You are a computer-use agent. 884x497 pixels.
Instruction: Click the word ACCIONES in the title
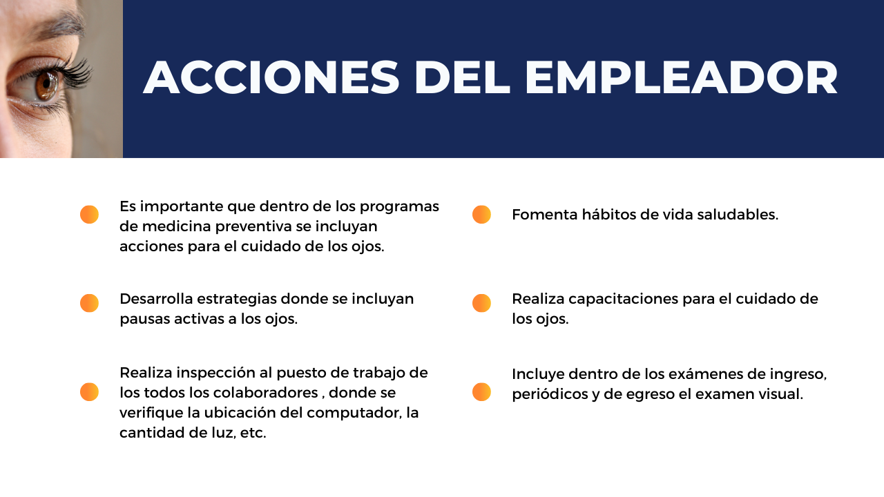pos(271,77)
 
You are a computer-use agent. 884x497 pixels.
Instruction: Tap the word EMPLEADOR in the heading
pos(681,77)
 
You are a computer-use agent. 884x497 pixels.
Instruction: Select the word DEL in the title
pos(462,77)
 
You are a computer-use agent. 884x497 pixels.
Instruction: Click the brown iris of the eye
pos(46,84)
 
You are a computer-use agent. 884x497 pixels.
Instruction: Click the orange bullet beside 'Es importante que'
pos(89,215)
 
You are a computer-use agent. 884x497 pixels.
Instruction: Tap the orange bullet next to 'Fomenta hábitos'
pos(481,215)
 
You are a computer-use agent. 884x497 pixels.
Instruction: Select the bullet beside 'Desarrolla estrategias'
pos(89,303)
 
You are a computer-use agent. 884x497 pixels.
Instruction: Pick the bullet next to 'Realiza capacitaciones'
pos(481,303)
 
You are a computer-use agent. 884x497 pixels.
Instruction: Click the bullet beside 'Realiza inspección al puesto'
pos(89,391)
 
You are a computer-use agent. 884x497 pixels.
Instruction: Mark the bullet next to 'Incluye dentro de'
pos(481,391)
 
